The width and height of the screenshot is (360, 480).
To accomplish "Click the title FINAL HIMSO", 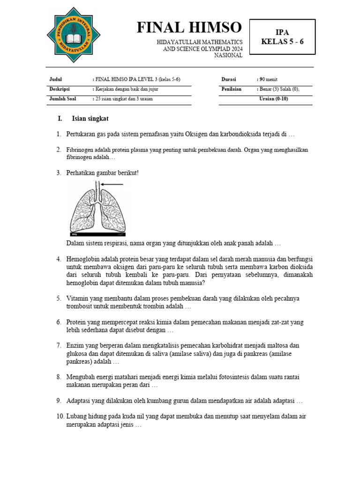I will (x=189, y=28).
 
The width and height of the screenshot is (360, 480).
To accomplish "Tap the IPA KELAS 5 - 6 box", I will (x=282, y=37).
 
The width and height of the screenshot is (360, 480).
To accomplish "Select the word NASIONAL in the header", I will (x=228, y=55).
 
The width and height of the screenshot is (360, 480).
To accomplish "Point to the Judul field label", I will (x=55, y=79).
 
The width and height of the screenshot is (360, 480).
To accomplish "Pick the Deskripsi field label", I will (x=59, y=89).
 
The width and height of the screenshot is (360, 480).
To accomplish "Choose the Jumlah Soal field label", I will (x=62, y=99).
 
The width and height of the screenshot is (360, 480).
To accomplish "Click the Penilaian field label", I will (x=232, y=89).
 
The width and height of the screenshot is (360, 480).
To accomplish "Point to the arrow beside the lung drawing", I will (x=112, y=185).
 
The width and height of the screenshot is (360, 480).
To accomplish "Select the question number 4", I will (x=59, y=259).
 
